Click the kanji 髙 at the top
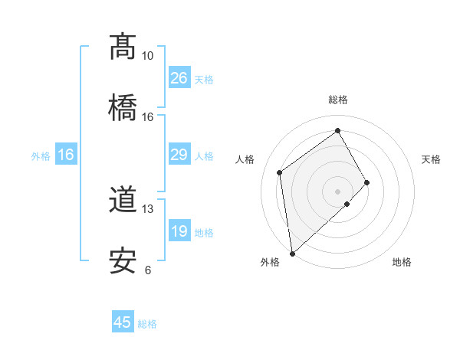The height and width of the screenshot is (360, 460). (123, 47)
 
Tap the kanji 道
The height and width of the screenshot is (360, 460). (123, 201)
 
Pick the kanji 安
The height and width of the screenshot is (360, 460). (123, 261)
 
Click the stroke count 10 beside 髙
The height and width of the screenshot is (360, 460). (147, 56)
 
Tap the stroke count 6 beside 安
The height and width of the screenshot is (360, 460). (147, 270)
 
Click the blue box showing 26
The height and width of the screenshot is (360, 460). (179, 78)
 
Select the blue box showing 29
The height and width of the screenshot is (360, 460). (179, 155)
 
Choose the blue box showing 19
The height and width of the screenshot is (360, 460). (179, 231)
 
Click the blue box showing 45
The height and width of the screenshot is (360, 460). (123, 322)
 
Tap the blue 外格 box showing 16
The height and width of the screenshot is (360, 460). (66, 155)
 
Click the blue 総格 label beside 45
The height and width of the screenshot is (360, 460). (147, 324)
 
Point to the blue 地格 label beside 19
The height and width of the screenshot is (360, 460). (204, 233)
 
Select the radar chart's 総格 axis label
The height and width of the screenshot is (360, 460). (337, 100)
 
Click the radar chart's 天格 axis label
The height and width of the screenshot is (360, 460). (432, 159)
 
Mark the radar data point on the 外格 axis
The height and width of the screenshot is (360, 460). (292, 254)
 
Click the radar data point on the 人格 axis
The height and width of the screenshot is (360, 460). (280, 172)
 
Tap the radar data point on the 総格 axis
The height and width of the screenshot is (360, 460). (337, 131)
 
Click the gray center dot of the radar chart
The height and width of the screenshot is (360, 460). (337, 191)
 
